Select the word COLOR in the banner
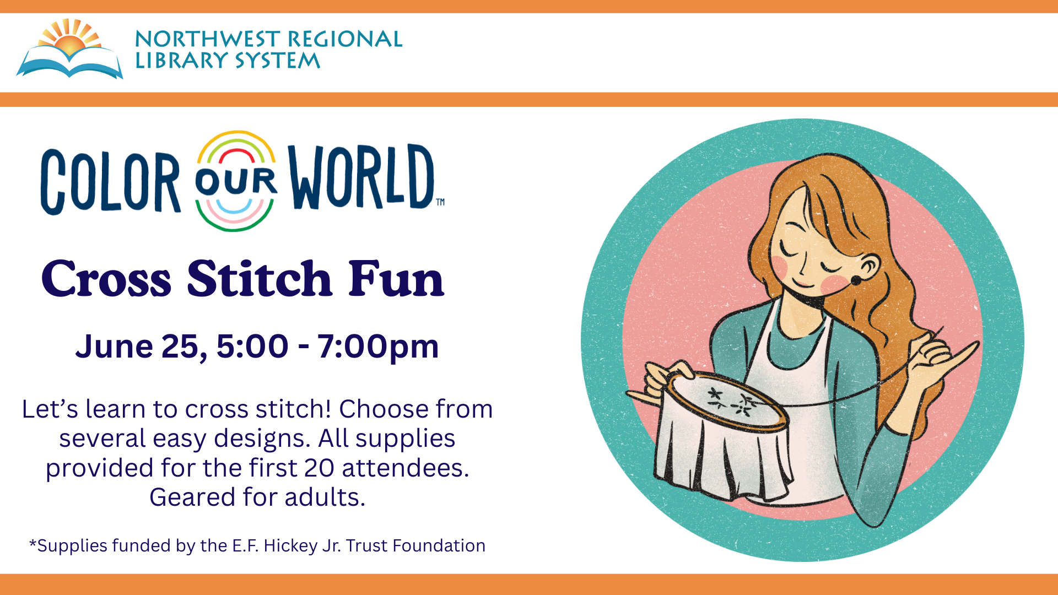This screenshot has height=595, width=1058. [110, 181]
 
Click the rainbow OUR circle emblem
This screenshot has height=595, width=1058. [236, 181]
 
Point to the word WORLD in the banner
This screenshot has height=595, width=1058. [361, 177]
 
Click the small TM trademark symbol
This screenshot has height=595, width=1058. [440, 202]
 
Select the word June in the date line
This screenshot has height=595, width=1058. [114, 347]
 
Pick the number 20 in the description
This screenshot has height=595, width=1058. [319, 468]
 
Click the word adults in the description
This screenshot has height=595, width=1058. [325, 497]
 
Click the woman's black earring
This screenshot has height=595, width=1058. [856, 280]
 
